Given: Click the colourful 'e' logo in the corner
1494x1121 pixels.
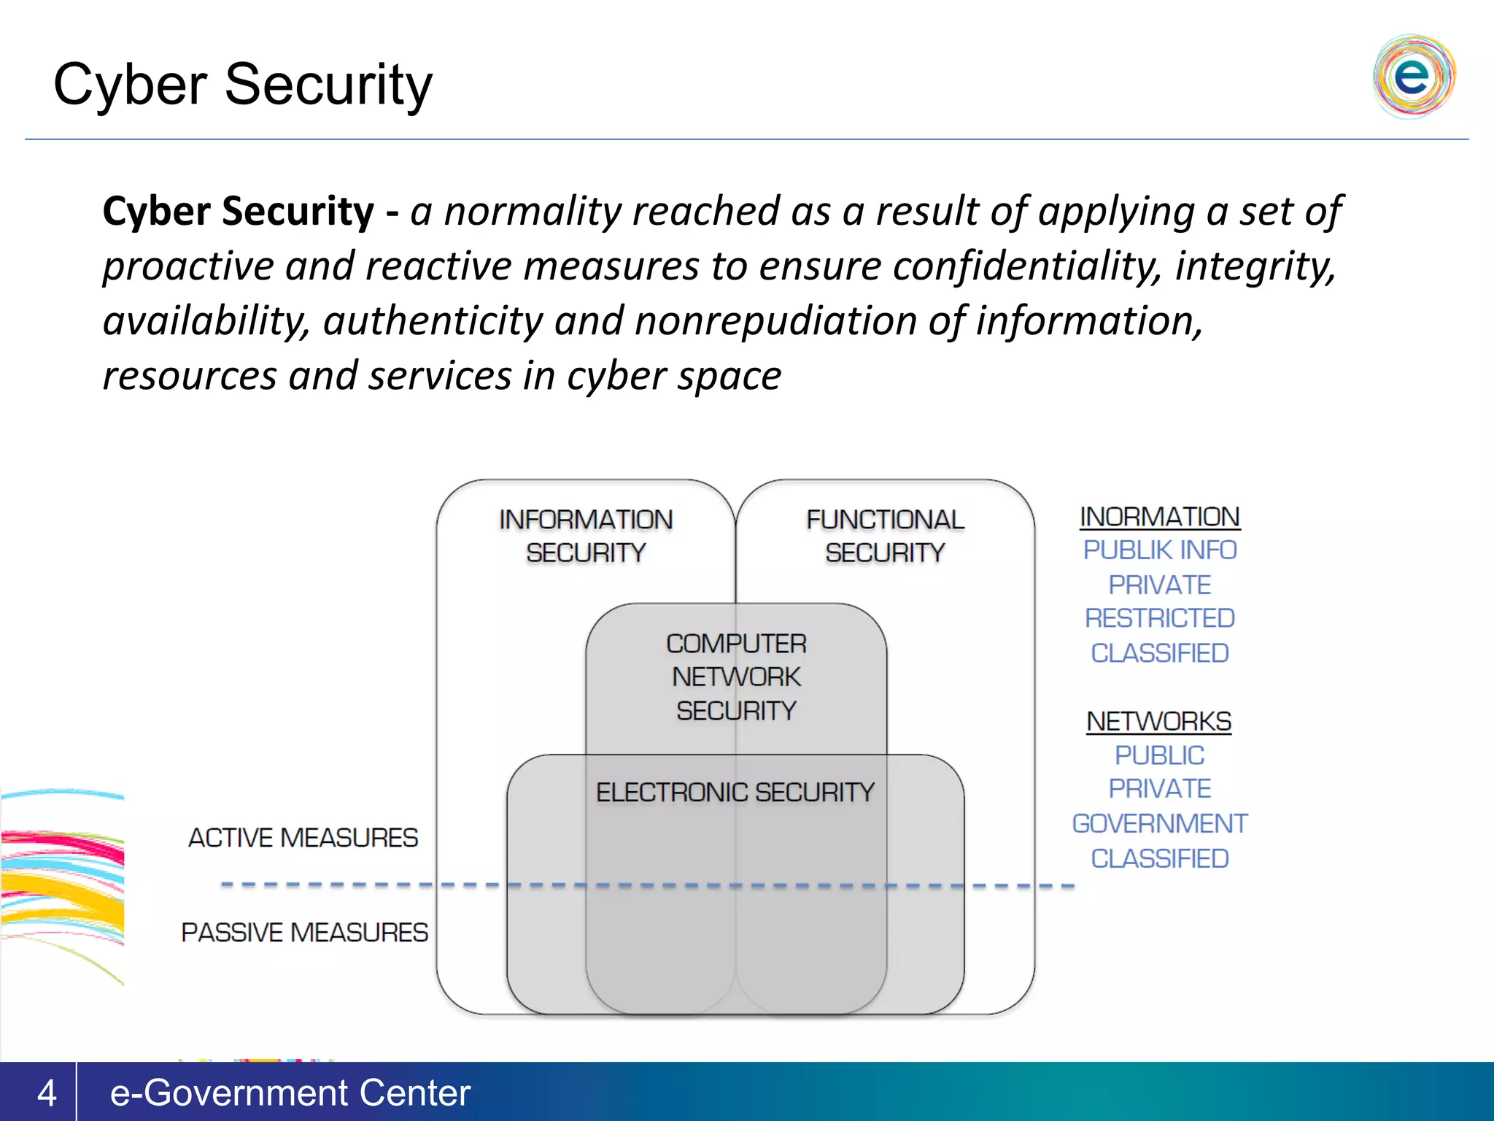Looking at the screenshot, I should [x=1413, y=76].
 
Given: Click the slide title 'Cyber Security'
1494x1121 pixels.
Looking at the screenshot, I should [x=243, y=85].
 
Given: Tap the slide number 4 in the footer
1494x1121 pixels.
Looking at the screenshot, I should [x=47, y=1093].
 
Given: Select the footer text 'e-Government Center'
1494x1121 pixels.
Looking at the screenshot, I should [x=290, y=1093].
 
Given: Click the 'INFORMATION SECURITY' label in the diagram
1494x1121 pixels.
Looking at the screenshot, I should [x=586, y=536].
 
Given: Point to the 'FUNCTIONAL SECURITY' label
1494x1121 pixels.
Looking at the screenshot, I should [x=885, y=536].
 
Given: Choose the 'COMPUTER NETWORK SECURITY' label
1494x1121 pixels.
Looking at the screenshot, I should [x=736, y=677].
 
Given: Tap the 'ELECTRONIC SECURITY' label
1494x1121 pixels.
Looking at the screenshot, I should [x=735, y=793].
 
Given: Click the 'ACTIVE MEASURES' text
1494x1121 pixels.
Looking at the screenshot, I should [x=303, y=838].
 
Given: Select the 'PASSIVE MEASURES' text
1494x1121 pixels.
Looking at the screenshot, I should [x=304, y=933].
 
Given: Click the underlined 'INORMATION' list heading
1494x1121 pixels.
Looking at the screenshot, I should [x=1159, y=517].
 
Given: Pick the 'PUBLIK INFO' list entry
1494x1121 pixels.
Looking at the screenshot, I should [x=1159, y=550].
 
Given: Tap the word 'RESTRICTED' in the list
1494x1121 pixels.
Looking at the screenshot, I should [x=1159, y=619].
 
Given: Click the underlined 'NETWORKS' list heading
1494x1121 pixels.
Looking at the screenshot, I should [x=1158, y=722].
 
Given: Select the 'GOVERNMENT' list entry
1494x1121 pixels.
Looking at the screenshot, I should [x=1159, y=824].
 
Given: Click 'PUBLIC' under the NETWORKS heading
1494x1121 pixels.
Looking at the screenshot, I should [x=1159, y=755].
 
